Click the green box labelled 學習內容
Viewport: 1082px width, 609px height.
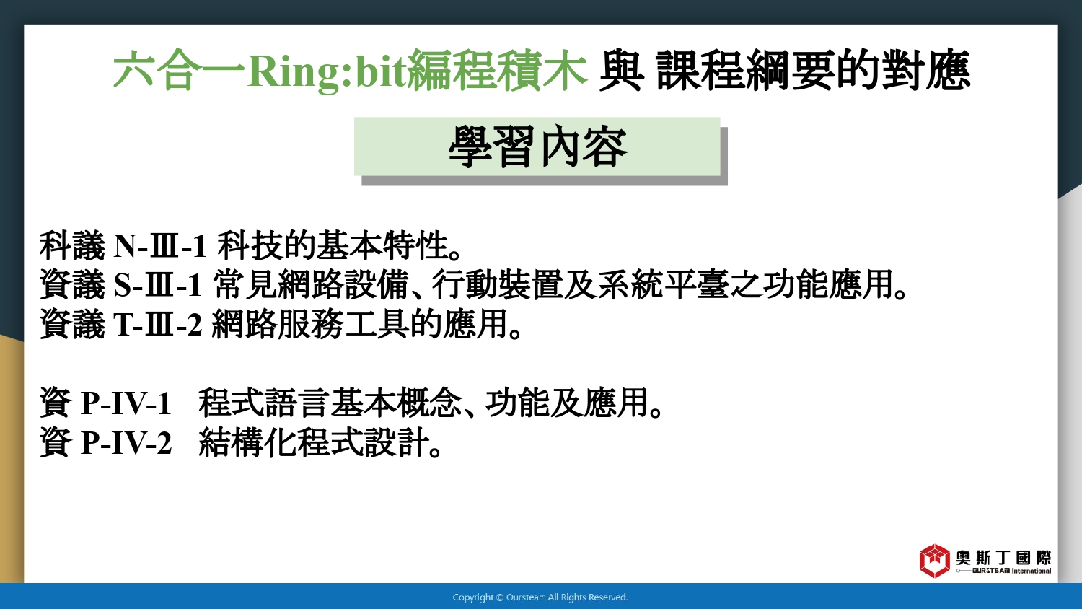[x=537, y=146]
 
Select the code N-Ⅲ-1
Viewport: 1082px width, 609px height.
[x=160, y=246]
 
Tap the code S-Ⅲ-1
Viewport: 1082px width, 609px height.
[x=157, y=285]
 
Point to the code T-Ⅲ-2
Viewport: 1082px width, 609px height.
[x=157, y=324]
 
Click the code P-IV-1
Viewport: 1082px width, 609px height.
[x=126, y=403]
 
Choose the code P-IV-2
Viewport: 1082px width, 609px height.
[x=126, y=442]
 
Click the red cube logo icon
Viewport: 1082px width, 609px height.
[x=934, y=561]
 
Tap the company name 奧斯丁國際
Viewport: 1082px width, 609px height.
[x=1003, y=558]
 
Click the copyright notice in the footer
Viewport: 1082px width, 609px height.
[x=540, y=597]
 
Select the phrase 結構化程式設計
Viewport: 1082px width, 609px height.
[x=314, y=442]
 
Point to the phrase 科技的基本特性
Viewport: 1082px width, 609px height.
[x=333, y=246]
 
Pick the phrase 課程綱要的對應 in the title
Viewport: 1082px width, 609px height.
[x=813, y=71]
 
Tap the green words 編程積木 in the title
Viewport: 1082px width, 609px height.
[x=496, y=71]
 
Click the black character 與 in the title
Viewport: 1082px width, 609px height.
[x=621, y=71]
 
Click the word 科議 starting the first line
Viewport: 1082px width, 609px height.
[x=72, y=246]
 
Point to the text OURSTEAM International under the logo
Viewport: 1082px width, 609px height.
[x=1011, y=571]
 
